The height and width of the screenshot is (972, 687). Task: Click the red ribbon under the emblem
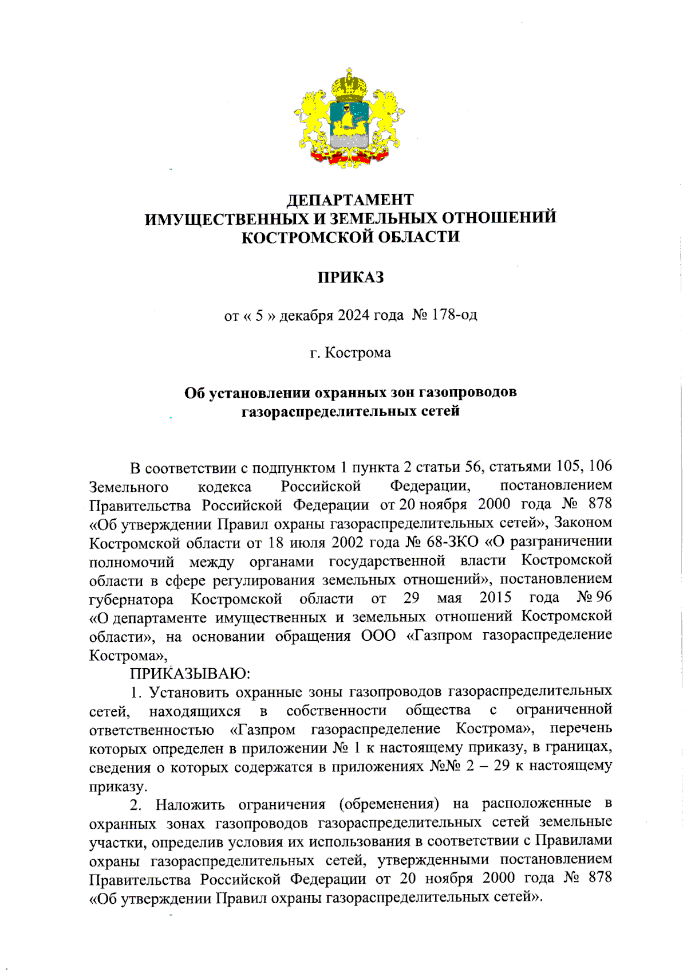click(348, 156)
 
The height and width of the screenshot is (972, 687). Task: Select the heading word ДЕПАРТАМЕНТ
click(350, 199)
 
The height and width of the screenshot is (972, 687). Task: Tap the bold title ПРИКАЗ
click(350, 278)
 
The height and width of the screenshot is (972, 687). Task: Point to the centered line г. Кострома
click(350, 352)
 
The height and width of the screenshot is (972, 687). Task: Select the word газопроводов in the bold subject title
click(468, 393)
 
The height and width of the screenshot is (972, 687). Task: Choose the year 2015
click(495, 598)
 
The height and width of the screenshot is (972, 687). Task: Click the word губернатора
click(131, 599)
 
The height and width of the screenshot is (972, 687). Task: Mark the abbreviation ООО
click(378, 636)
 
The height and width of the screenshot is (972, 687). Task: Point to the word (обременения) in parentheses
click(389, 804)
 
